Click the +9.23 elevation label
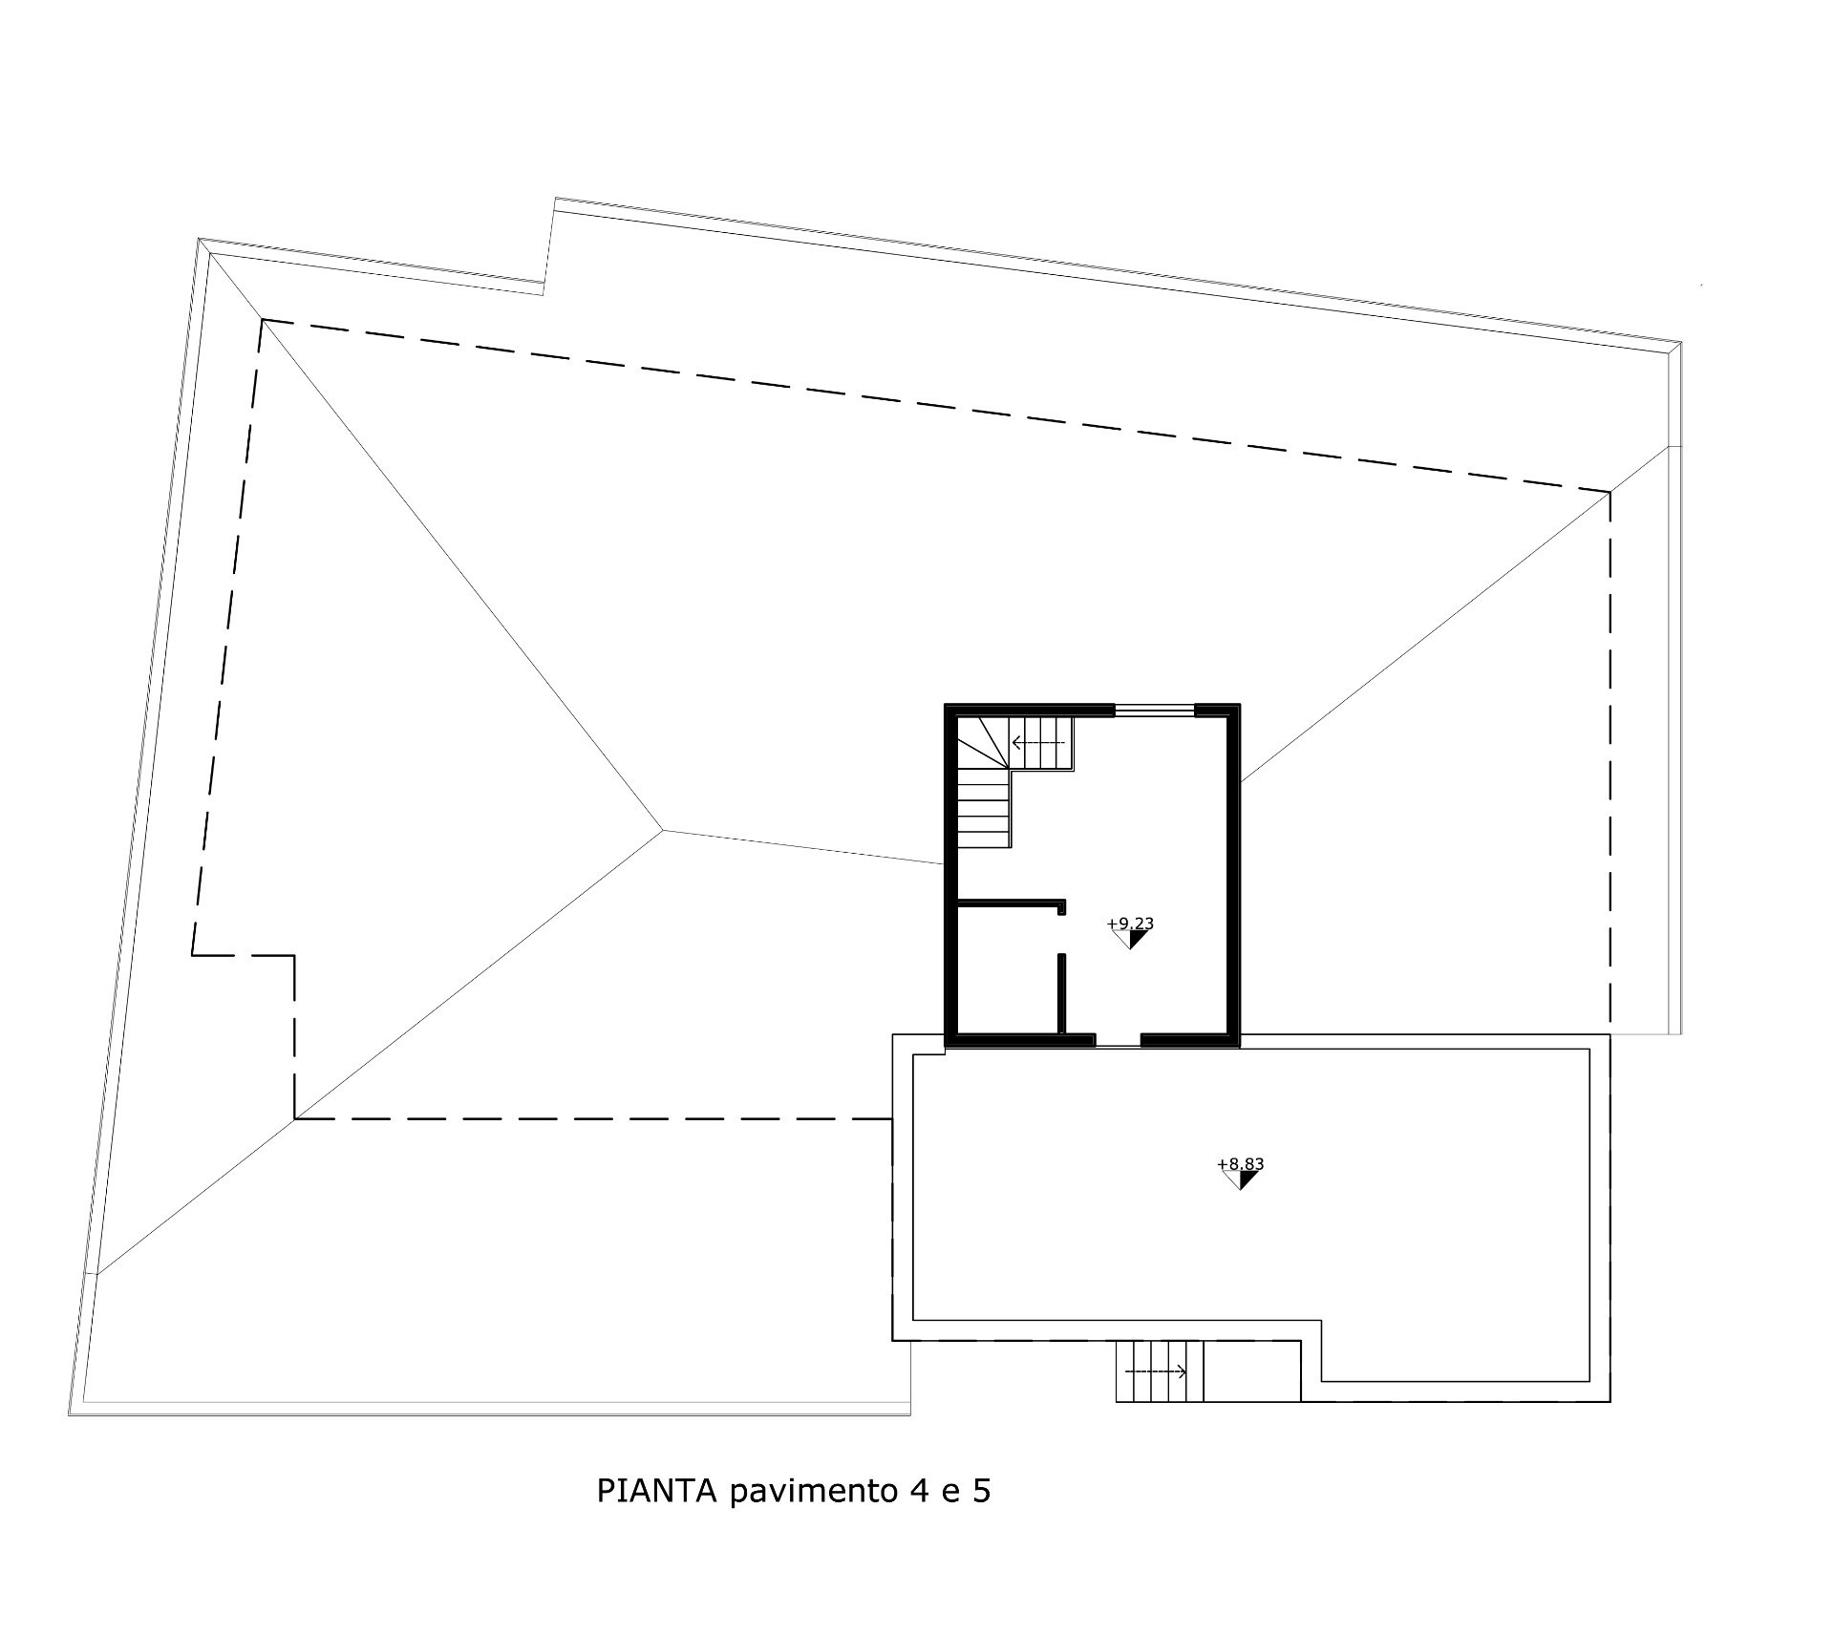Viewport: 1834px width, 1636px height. click(1130, 924)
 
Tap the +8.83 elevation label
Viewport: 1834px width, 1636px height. click(1241, 1164)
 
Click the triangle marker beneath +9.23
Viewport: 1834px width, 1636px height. click(1130, 940)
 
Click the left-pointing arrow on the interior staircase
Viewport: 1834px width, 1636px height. click(1038, 742)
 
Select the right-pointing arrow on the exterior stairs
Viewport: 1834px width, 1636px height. click(1156, 1372)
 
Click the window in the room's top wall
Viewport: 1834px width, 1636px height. click(1156, 710)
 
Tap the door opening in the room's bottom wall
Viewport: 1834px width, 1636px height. click(1119, 1041)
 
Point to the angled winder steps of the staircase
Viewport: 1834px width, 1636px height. click(982, 745)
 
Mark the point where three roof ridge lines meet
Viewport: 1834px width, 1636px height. click(662, 830)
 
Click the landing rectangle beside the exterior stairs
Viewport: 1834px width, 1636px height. click(1252, 1370)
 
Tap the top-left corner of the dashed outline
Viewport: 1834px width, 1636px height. click(263, 319)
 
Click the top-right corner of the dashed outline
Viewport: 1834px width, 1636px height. click(1610, 492)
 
